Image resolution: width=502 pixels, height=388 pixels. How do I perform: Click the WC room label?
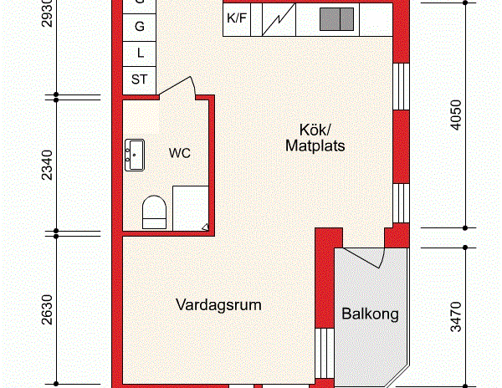[180, 154]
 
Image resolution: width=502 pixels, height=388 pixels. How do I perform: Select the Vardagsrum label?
[218, 305]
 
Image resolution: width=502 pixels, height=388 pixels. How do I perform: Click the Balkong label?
[370, 315]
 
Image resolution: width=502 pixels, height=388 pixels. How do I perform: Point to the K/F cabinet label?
[238, 18]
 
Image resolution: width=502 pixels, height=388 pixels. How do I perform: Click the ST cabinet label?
[140, 79]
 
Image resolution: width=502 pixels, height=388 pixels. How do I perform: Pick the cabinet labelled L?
[140, 53]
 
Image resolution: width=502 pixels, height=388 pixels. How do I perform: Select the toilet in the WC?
[154, 212]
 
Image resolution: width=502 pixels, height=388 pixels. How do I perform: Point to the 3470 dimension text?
[456, 318]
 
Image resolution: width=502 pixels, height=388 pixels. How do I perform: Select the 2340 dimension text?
[47, 165]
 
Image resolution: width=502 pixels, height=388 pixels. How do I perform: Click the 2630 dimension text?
[47, 309]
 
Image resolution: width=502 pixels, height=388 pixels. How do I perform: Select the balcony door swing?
[365, 254]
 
